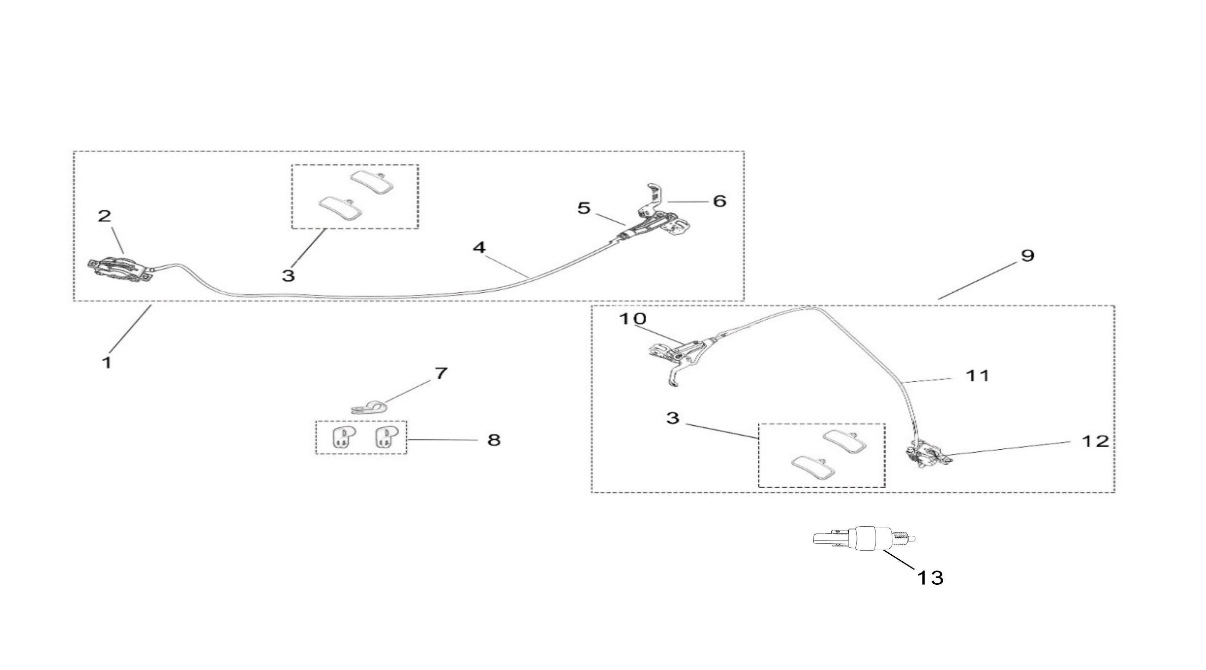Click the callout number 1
107,363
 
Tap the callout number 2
104,216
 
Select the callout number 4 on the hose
479,247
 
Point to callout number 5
584,208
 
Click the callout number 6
719,201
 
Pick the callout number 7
441,373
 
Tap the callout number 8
494,439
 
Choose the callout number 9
1027,255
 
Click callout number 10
632,319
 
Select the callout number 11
978,375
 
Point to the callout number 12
1095,441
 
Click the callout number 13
930,577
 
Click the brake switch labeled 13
864,538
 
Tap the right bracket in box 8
385,437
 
